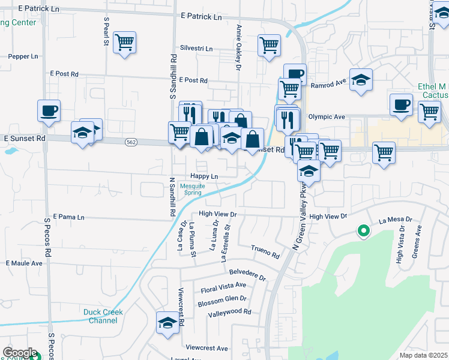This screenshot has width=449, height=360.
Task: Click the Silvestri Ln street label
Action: click(x=196, y=48)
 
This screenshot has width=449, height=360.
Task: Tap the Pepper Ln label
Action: click(x=23, y=56)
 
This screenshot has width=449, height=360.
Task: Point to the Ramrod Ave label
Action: click(x=329, y=85)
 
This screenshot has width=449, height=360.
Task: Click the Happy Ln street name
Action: click(x=204, y=176)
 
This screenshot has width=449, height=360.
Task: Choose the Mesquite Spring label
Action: click(x=192, y=189)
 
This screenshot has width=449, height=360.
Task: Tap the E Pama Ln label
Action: click(x=69, y=217)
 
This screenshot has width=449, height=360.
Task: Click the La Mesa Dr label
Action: click(x=396, y=221)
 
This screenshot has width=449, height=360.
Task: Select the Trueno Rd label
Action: click(x=266, y=251)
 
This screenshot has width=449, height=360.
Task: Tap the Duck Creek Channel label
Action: click(x=103, y=316)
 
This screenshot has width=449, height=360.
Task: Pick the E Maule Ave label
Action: click(x=24, y=263)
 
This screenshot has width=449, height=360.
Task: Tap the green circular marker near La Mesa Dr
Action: click(x=363, y=230)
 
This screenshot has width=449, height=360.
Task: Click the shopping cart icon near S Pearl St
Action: click(x=125, y=43)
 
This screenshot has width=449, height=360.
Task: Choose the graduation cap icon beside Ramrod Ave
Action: click(x=361, y=80)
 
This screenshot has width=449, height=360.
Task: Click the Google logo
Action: click(x=20, y=353)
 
